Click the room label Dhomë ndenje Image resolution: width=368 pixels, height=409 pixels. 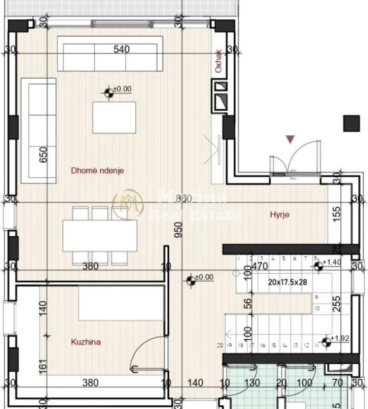[97, 171]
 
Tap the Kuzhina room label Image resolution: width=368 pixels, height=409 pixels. [86, 342]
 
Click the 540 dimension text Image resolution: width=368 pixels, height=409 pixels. [121, 50]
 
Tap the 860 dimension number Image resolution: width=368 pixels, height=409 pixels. [183, 199]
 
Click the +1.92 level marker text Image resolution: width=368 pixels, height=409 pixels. [339, 338]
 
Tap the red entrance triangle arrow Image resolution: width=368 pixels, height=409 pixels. [290, 140]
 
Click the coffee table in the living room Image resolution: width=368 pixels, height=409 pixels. [114, 118]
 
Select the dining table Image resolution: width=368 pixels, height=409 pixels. [100, 235]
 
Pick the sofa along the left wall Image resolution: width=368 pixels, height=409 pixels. [38, 130]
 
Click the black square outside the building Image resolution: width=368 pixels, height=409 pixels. [351, 123]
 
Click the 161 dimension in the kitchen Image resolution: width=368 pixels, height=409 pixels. [44, 367]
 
